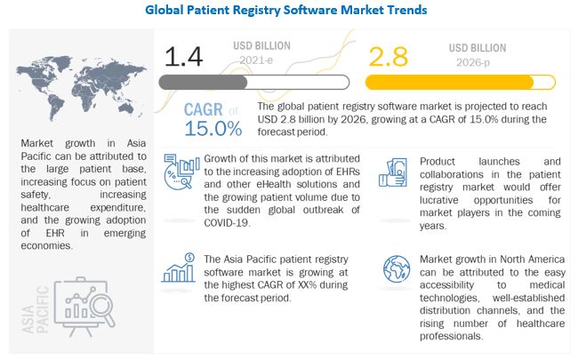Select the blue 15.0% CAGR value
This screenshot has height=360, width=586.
coord(213,128)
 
